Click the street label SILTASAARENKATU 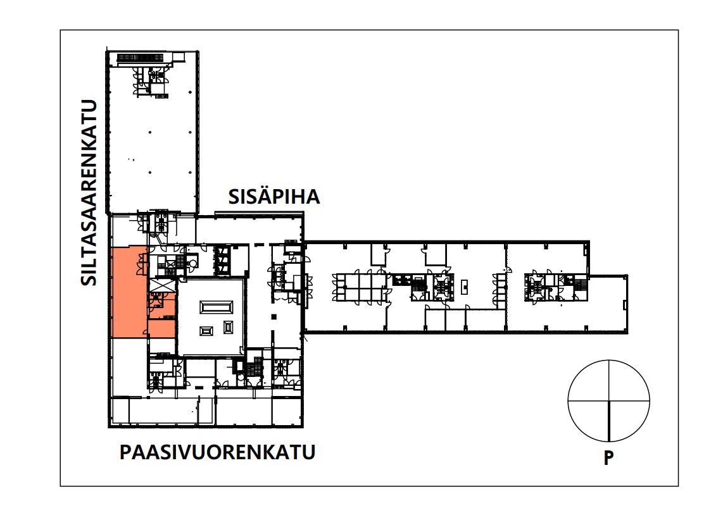point(89,192)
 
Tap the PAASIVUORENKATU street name point(218,452)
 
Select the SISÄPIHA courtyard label point(274,197)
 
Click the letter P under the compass point(608,458)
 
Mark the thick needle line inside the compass point(609,421)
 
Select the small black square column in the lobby point(274,316)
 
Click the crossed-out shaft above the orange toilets point(162,285)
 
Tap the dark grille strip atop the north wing point(141,58)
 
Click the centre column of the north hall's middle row point(150,132)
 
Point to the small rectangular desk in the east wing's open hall point(465,287)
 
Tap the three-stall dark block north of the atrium point(223,261)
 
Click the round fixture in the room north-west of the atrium point(193,263)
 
